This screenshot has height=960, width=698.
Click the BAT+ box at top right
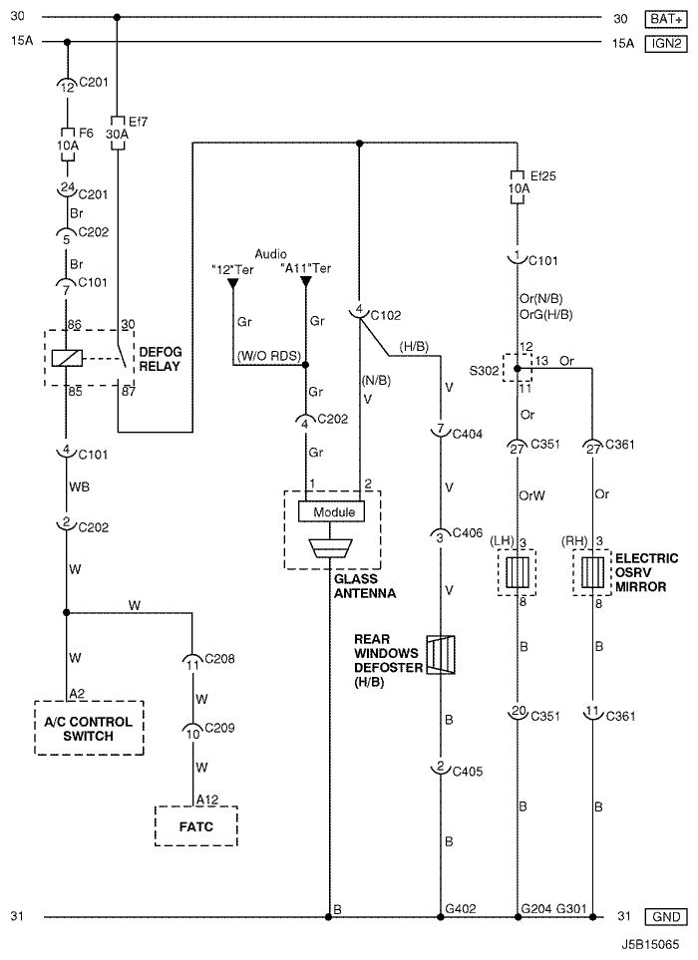pyautogui.click(x=666, y=19)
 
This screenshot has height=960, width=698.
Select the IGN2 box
pyautogui.click(x=666, y=44)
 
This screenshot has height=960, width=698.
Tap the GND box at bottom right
pyautogui.click(x=666, y=916)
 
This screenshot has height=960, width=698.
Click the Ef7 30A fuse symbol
pyautogui.click(x=117, y=134)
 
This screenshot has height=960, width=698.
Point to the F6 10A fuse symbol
pyautogui.click(x=68, y=145)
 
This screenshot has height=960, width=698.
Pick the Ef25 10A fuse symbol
pyautogui.click(x=518, y=187)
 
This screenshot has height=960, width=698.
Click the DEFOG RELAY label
pyautogui.click(x=160, y=360)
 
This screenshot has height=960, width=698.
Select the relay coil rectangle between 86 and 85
pyautogui.click(x=67, y=358)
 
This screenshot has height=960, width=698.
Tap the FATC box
pyautogui.click(x=195, y=826)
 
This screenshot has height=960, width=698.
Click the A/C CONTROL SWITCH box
pyautogui.click(x=89, y=728)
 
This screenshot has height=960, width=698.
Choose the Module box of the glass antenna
pyautogui.click(x=331, y=511)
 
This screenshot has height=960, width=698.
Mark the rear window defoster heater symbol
pyautogui.click(x=441, y=655)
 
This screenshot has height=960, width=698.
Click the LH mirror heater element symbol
pyautogui.click(x=518, y=572)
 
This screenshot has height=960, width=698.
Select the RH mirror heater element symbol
pyautogui.click(x=592, y=572)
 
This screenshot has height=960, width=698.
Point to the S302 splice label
pyautogui.click(x=484, y=371)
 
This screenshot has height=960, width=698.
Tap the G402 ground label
pyautogui.click(x=461, y=908)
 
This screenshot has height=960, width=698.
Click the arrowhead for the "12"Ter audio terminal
pyautogui.click(x=232, y=283)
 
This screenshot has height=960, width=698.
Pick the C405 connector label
pyautogui.click(x=468, y=772)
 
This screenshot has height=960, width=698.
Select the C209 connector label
pyautogui.click(x=219, y=728)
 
